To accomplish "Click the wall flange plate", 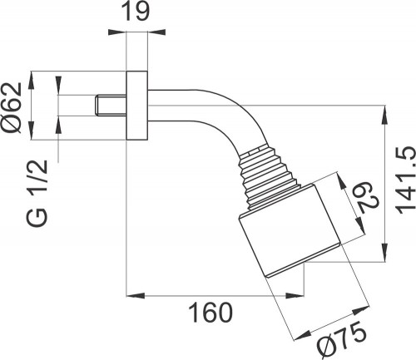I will tap(136, 106).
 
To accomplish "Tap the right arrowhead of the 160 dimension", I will tap(360, 294).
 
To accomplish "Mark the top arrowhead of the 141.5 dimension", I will tap(385, 111).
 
